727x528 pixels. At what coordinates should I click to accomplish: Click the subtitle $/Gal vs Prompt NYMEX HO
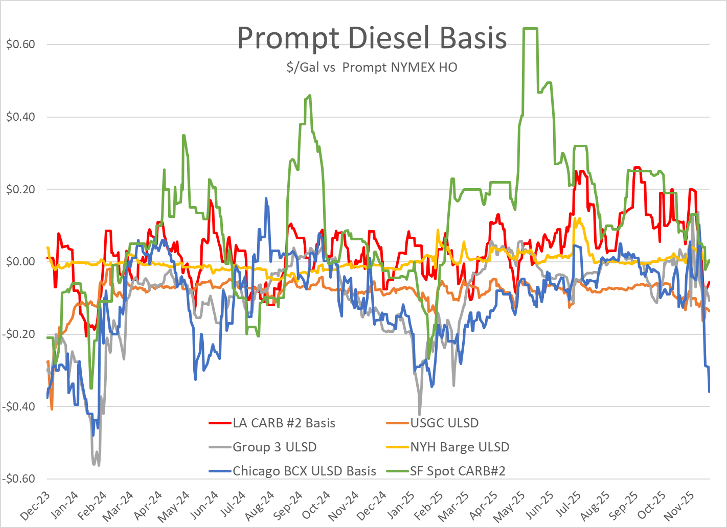point(372,67)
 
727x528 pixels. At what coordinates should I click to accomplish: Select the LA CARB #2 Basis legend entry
point(284,423)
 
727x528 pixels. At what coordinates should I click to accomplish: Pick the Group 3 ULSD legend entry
point(274,447)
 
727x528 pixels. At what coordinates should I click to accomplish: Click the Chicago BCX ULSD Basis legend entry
point(304,471)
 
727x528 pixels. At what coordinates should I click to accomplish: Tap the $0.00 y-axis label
point(20,261)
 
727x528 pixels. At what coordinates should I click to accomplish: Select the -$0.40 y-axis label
point(19,407)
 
